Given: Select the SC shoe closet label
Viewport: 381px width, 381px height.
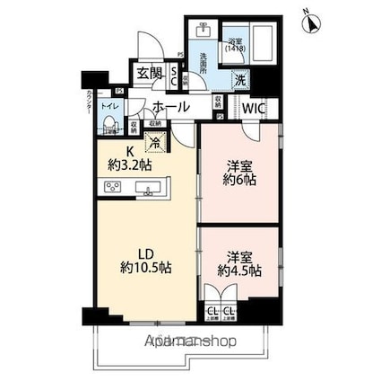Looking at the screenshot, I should tap(175, 76).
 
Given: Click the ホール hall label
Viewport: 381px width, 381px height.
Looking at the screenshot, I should tap(170, 108).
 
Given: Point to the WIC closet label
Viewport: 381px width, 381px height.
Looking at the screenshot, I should tap(255, 107).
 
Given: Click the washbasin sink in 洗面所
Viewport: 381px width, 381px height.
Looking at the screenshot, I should tap(203, 31).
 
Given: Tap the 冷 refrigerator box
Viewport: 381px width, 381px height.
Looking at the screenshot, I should tap(156, 142).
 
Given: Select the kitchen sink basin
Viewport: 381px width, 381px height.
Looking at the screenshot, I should tap(149, 188).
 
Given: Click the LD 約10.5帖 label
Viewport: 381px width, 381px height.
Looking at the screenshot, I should tap(144, 261).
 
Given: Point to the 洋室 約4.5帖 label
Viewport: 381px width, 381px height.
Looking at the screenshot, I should tap(238, 262).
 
